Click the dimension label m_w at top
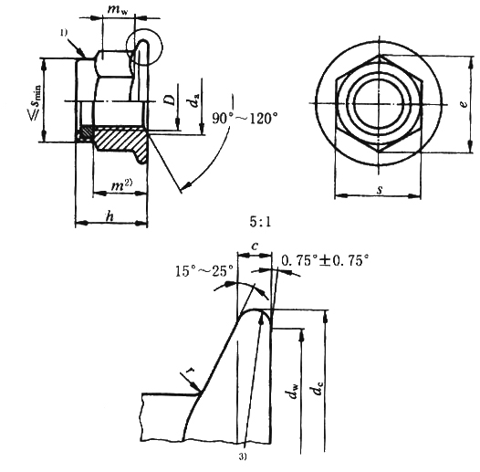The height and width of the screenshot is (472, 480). click(118, 10)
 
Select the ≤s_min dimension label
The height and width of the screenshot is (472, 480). click(36, 101)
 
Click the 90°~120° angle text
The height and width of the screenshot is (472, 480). click(245, 119)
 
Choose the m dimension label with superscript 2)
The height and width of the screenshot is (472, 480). click(121, 184)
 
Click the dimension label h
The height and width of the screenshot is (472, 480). click(110, 216)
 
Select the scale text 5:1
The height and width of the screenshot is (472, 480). click(260, 222)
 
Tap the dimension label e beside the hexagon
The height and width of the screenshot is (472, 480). click(464, 103)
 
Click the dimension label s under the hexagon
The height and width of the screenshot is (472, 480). click(380, 190)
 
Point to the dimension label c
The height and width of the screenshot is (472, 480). click(255, 246)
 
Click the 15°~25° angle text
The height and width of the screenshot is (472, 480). click(204, 271)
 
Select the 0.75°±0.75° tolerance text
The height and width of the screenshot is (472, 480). click(325, 261)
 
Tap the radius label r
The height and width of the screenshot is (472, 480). click(192, 370)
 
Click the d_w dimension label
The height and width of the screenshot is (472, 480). click(294, 391)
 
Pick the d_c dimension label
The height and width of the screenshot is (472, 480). click(318, 387)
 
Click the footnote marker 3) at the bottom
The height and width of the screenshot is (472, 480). click(243, 456)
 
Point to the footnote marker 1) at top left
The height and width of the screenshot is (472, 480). click(64, 33)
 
